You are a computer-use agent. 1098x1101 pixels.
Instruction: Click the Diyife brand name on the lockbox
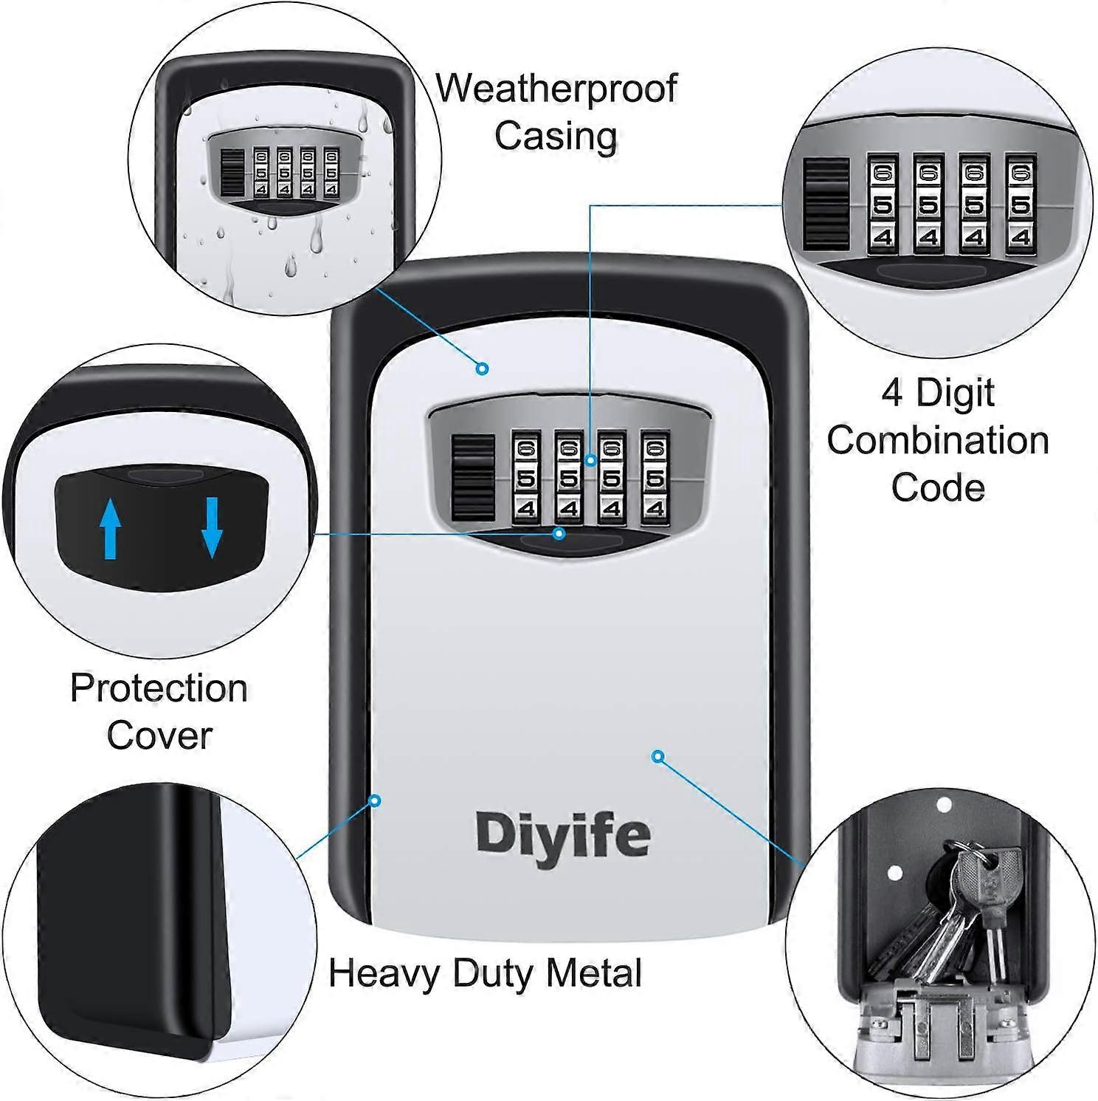coord(562,835)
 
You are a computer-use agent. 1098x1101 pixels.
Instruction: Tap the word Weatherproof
coord(556,89)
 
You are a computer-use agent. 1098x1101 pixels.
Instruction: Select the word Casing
coord(556,136)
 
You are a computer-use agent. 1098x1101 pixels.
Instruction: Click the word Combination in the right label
coord(937,440)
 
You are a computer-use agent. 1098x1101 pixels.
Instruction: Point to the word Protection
coord(159,688)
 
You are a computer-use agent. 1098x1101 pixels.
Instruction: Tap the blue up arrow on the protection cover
coord(110,528)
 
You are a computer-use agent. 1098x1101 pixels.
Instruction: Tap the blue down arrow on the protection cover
coord(212,527)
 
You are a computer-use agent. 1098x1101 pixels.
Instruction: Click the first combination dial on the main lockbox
coord(526,479)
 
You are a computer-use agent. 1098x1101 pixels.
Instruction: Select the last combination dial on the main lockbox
coord(655,479)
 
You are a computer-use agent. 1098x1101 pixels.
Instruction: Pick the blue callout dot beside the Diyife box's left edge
coord(375,800)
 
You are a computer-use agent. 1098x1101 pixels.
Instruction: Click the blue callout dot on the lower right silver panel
coord(658,755)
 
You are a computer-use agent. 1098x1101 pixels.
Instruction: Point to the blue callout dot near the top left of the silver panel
coord(483,368)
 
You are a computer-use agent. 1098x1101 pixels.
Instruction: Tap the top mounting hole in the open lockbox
coord(943,804)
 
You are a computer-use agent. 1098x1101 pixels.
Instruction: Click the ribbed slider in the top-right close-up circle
coord(827,204)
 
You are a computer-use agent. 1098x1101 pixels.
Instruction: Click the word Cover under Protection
coord(159,735)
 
